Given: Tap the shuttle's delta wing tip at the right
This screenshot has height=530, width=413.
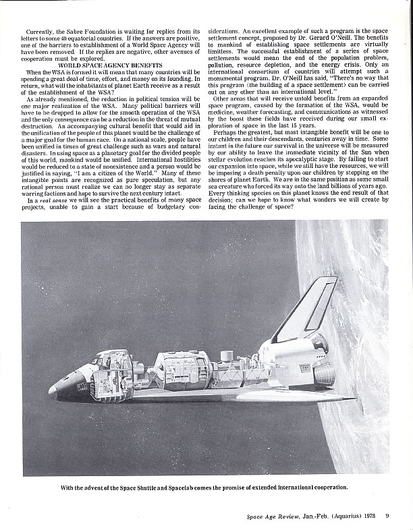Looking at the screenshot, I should pos(351,398).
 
